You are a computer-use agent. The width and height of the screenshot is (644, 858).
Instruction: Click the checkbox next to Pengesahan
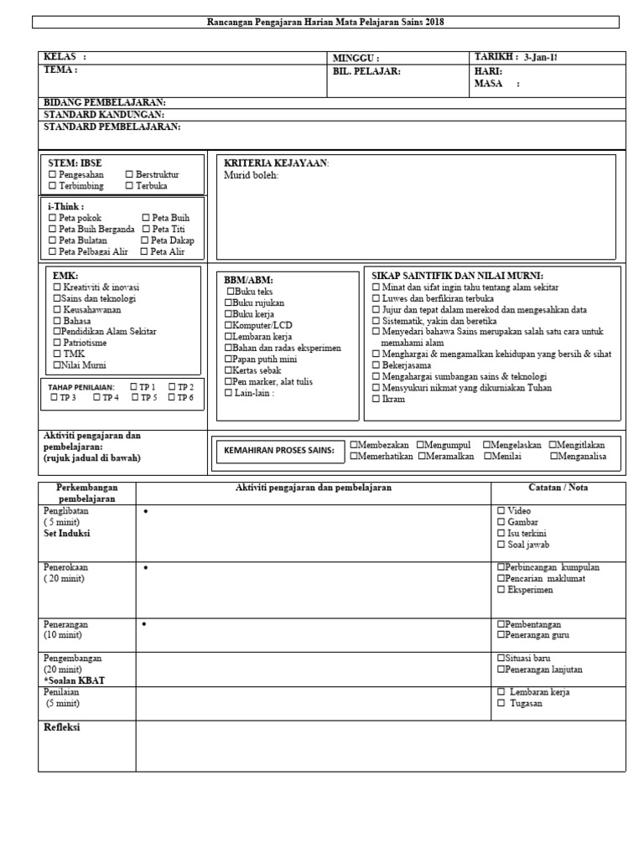coord(53,174)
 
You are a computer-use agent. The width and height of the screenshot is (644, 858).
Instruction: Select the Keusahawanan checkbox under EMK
coord(57,309)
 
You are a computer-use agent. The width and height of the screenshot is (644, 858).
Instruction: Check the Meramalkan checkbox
coord(421,456)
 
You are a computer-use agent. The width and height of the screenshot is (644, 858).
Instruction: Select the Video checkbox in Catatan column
coord(501,510)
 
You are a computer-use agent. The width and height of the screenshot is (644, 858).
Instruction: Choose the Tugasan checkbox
coord(501,703)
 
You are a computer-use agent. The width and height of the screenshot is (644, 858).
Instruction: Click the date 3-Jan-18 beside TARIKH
coord(540,57)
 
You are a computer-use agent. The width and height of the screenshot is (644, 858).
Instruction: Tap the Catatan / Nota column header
coord(558,487)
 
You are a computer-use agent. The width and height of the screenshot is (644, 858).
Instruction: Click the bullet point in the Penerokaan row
coord(145,568)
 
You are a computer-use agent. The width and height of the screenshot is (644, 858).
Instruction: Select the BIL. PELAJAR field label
coord(366,71)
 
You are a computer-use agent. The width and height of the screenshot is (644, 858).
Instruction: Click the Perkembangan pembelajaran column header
coord(87,493)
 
